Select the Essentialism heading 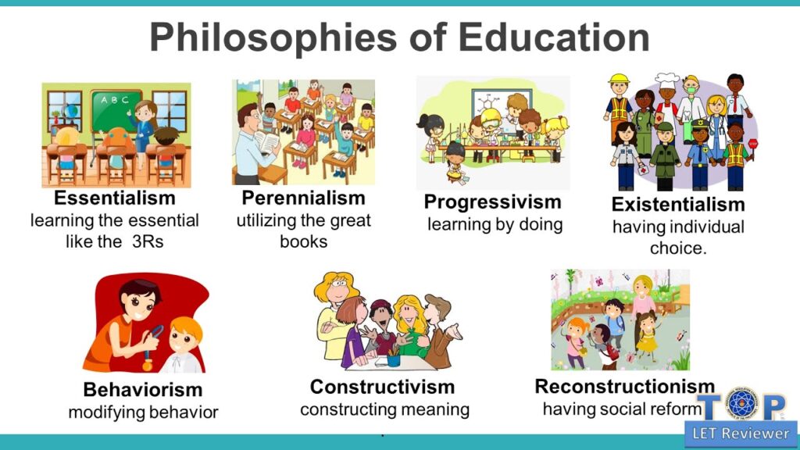pyautogui.click(x=114, y=198)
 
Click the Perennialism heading pyautogui.click(x=303, y=198)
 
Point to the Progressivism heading pyautogui.click(x=492, y=202)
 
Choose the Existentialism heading pyautogui.click(x=677, y=205)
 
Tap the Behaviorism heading pyautogui.click(x=142, y=389)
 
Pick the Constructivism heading pyautogui.click(x=382, y=387)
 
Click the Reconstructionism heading pyautogui.click(x=624, y=387)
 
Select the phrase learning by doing pyautogui.click(x=494, y=225)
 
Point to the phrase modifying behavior pyautogui.click(x=143, y=412)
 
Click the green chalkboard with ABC pyautogui.click(x=114, y=110)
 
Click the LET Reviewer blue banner pyautogui.click(x=739, y=432)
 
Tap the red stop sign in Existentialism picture pyautogui.click(x=752, y=145)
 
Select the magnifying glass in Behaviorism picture pyautogui.click(x=157, y=331)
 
